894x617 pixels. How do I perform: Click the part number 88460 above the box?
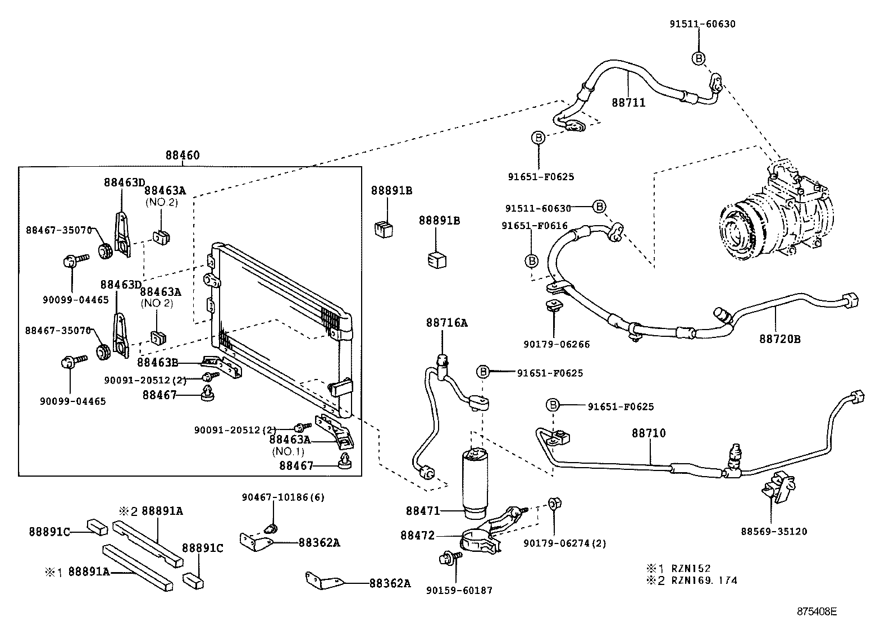pos(182,156)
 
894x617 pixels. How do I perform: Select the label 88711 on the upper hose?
pos(628,103)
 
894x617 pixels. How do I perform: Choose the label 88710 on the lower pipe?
pos(649,433)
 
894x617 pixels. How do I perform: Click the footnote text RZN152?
pos(691,569)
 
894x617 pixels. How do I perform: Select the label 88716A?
pos(446,323)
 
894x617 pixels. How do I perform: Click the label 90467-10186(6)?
pos(283,497)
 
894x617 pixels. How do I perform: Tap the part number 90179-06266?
pos(557,344)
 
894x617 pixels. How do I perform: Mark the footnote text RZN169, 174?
pos(705,581)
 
